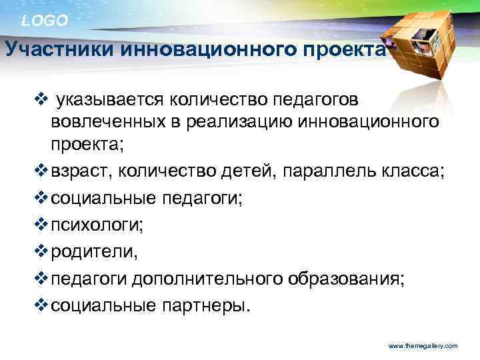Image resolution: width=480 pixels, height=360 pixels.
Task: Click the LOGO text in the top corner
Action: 45,21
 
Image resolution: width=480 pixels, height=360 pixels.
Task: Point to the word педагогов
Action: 309,100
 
